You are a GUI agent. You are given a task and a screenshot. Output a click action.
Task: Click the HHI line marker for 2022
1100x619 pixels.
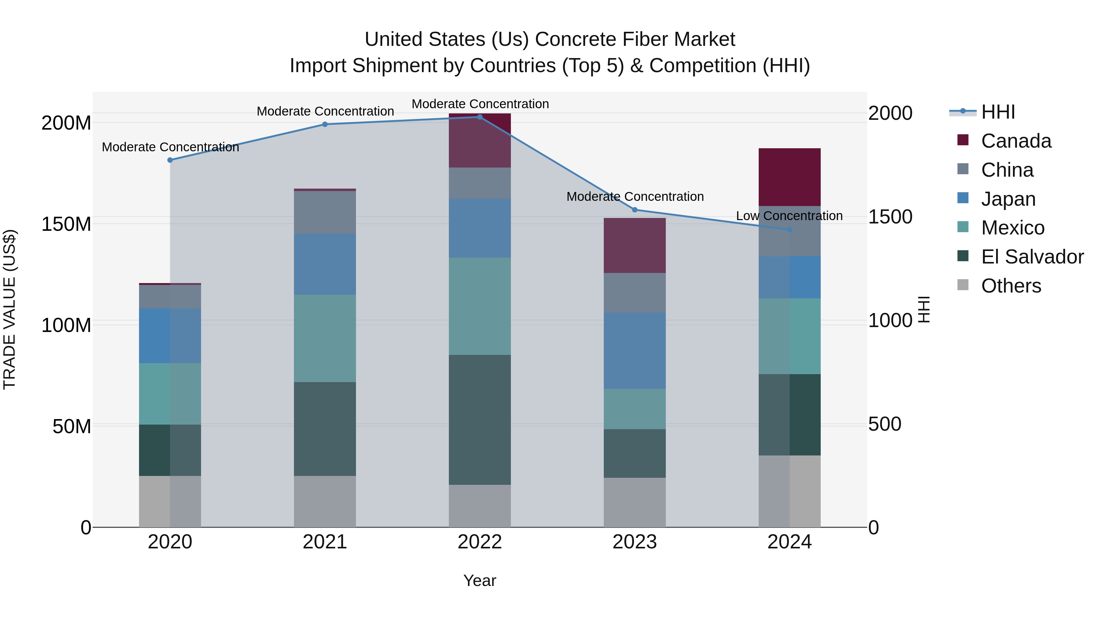coord(479,117)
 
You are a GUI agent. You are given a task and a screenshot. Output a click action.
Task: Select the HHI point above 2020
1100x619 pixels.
coord(170,160)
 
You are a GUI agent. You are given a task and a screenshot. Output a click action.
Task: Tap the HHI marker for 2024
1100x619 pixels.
coord(790,230)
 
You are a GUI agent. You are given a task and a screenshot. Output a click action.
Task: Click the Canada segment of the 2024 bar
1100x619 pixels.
coord(790,177)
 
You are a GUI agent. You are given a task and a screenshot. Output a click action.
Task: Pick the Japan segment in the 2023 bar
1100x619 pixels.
coord(635,350)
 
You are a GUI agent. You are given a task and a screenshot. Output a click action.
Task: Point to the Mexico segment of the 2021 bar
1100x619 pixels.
coord(325,338)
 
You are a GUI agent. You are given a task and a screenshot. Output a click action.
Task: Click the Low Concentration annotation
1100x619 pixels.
coord(789,216)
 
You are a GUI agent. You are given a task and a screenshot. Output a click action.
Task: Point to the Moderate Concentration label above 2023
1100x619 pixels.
coord(635,197)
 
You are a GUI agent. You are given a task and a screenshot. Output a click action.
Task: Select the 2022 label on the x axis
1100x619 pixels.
coord(479,542)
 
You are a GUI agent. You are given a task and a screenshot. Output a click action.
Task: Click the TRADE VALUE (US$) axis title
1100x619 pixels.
coord(9,309)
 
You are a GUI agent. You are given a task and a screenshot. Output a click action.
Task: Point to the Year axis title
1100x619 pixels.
coord(479,580)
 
